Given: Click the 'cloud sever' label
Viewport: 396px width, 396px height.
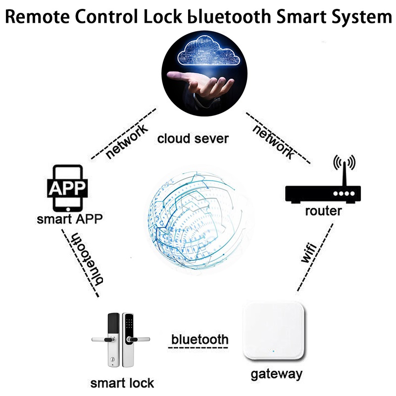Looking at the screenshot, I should coord(193,138).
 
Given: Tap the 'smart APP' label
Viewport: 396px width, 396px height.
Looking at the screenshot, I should coord(66,218).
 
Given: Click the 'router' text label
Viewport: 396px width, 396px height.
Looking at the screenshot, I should coord(323,211).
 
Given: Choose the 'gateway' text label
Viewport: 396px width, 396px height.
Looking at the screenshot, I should coord(276,374).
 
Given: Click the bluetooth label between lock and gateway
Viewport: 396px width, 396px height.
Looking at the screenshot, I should coord(199,340).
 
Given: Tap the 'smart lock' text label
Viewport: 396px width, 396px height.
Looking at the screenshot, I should coord(122,383).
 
